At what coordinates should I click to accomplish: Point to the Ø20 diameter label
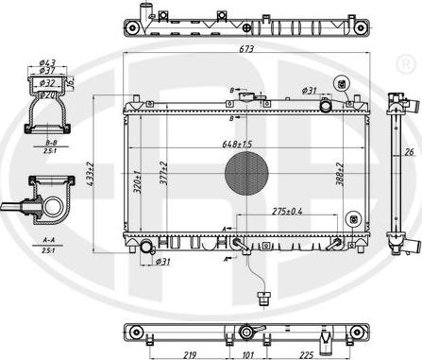46,94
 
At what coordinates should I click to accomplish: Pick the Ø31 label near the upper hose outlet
309,91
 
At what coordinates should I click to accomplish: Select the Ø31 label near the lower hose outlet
160,261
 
